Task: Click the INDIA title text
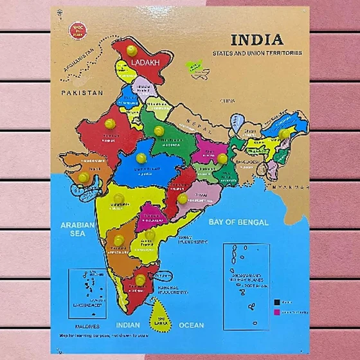coord(256,39)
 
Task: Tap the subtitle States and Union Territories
coord(257,53)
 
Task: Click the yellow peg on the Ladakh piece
coord(132,50)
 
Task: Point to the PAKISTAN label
coord(82,93)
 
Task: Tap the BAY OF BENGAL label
coord(239,222)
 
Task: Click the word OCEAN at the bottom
coord(192,325)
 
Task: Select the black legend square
coord(277,301)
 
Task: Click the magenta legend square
coord(277,312)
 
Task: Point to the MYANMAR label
coord(287,186)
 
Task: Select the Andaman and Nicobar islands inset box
coord(246,277)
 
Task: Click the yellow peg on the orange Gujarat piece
coord(84,177)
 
